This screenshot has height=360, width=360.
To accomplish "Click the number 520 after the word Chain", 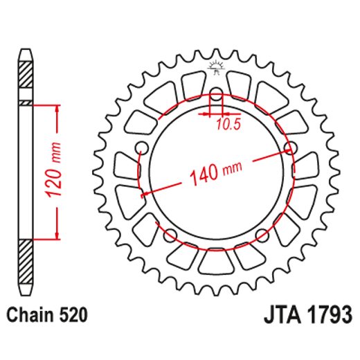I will click(x=73, y=316).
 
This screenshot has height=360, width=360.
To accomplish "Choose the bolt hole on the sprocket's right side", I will click(x=291, y=147).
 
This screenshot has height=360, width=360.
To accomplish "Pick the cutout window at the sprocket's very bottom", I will click(x=215, y=262).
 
